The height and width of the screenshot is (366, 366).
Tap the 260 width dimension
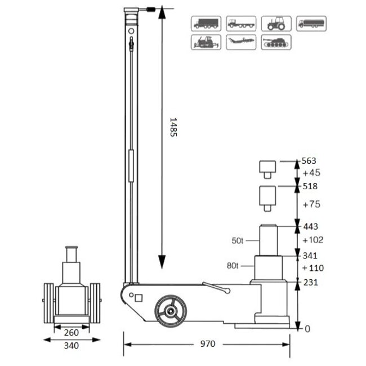coord(71,332)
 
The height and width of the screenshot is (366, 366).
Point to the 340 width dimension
coord(71,346)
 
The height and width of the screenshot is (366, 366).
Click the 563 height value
coord(310,160)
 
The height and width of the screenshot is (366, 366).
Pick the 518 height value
coord(310,186)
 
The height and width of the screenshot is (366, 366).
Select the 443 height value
coord(310,227)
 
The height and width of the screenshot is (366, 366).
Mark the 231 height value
coord(310,283)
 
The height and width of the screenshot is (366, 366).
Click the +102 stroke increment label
coord(313,240)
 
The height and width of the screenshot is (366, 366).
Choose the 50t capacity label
coord(238,240)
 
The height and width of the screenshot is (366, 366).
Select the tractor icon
coord(276,23)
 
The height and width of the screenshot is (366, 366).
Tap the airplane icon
coord(241,42)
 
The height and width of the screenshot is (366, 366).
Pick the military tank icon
coord(276,42)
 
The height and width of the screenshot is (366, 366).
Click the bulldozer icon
coord(206,42)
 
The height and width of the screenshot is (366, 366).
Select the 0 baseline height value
coord(306,328)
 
